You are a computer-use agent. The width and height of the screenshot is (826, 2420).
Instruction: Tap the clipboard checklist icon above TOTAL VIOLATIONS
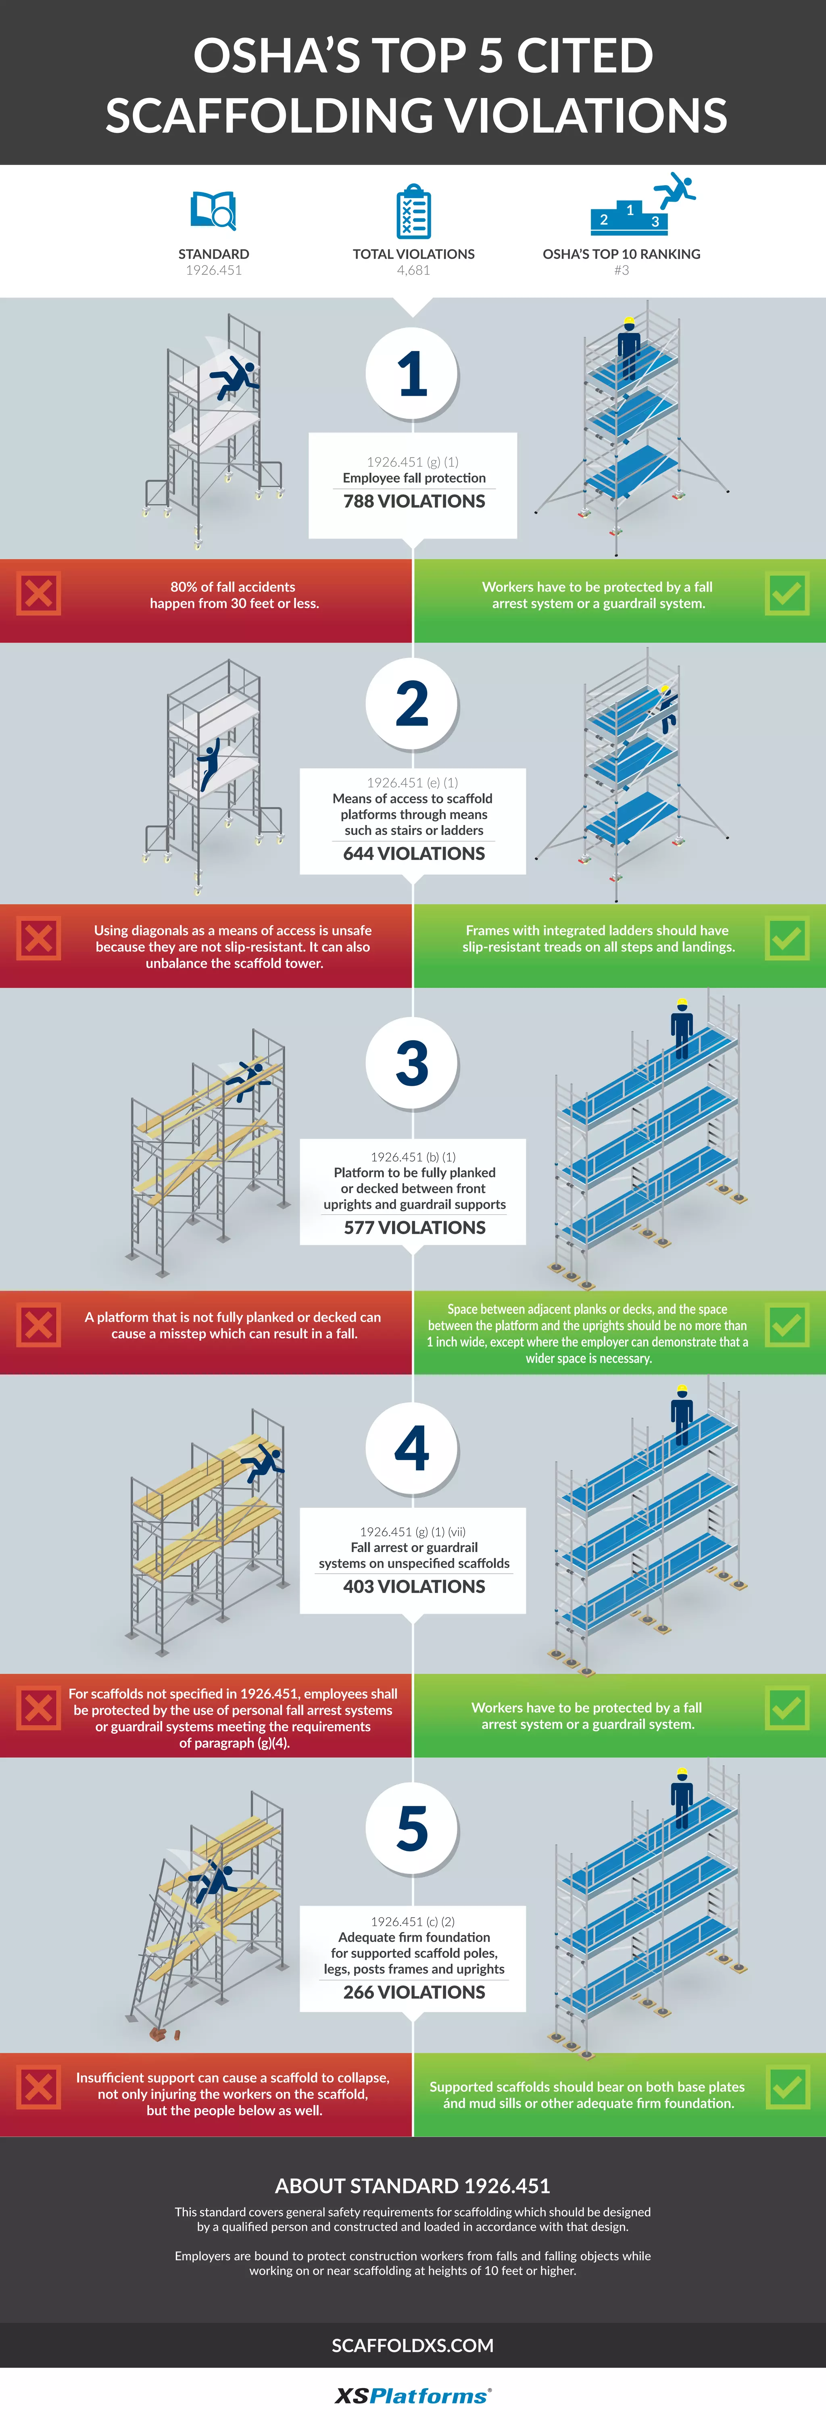click(413, 211)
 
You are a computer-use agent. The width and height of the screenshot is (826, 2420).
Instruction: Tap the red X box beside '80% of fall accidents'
click(39, 594)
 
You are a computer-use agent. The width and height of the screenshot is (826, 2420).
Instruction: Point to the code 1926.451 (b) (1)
click(413, 1156)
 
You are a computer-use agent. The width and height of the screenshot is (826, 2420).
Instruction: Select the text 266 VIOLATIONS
click(413, 1992)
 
